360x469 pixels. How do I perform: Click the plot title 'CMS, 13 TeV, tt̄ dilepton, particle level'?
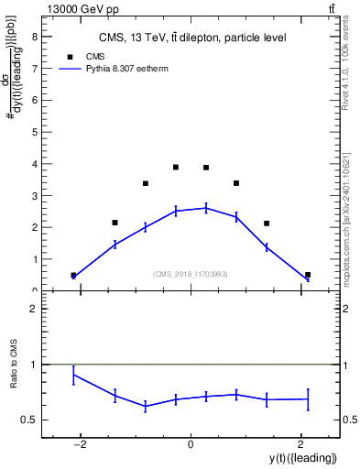[191, 38]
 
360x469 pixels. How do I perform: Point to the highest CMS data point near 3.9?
[176, 167]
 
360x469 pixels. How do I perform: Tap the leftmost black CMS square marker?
[73, 275]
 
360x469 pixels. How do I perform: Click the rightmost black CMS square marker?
[308, 275]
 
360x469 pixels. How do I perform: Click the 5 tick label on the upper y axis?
[33, 132]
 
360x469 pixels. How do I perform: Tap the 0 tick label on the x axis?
[191, 445]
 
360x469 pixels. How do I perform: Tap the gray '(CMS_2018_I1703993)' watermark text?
[191, 273]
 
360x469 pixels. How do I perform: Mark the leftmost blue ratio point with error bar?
[73, 375]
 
